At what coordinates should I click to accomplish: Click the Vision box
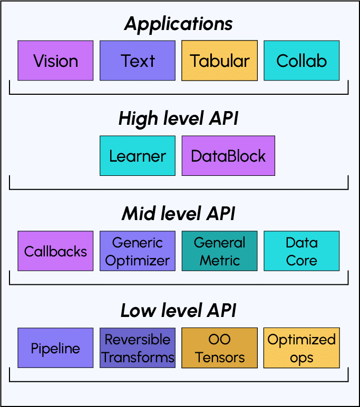(x=55, y=61)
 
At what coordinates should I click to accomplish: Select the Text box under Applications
(x=138, y=61)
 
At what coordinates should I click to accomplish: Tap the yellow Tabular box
(x=219, y=61)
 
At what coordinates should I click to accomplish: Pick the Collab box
(x=301, y=61)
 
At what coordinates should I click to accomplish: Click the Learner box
(x=138, y=156)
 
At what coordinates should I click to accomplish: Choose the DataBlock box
(x=228, y=156)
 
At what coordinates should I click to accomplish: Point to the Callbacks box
(x=55, y=251)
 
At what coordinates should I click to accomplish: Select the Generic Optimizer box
(x=138, y=251)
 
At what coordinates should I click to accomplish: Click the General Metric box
(x=219, y=251)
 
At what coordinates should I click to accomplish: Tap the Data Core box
(x=301, y=251)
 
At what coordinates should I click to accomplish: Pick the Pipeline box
(x=55, y=348)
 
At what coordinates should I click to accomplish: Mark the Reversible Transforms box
(x=138, y=348)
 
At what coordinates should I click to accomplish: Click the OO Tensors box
(x=219, y=348)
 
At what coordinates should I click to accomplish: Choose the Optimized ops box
(x=301, y=348)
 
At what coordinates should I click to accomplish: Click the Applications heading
(x=179, y=24)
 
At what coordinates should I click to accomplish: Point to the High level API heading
(x=179, y=118)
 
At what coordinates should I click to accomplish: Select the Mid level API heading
(x=179, y=214)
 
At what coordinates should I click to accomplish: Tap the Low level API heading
(x=179, y=311)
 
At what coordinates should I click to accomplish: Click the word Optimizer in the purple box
(x=138, y=260)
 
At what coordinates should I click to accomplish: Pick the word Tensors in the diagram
(x=219, y=358)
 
